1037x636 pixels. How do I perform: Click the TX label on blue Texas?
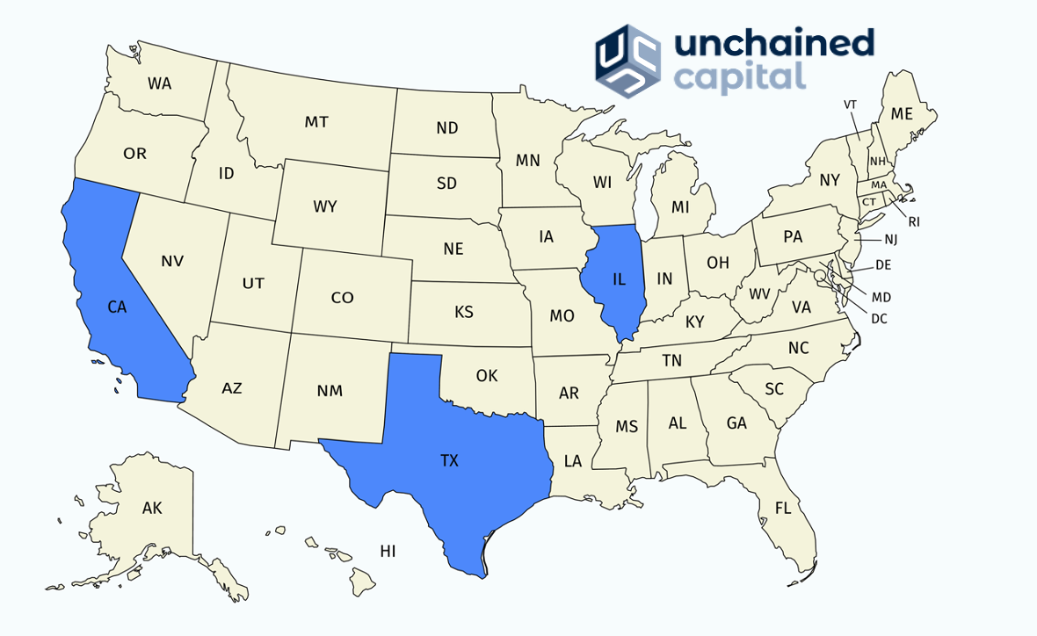[449, 459]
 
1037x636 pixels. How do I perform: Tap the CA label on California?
[117, 307]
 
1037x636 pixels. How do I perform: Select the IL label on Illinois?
[619, 279]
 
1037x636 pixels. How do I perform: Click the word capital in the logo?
[740, 76]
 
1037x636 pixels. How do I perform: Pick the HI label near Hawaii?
[388, 552]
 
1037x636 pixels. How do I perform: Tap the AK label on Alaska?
[152, 507]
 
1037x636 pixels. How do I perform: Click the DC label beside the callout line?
[879, 319]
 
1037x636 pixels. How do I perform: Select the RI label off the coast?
[914, 222]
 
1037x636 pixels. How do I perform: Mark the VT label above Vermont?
[850, 105]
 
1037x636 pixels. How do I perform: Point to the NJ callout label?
[890, 239]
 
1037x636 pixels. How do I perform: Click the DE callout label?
[883, 264]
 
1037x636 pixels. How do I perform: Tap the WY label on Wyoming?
[325, 207]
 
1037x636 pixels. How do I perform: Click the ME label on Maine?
[902, 113]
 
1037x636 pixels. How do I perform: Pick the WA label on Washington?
[159, 83]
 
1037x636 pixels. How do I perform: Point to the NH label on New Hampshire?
[877, 162]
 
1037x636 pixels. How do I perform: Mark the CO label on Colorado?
[342, 298]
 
